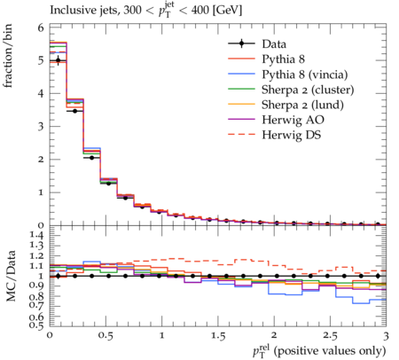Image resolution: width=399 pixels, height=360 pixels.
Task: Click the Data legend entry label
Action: (274, 44)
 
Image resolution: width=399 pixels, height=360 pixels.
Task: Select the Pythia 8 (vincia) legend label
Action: (305, 74)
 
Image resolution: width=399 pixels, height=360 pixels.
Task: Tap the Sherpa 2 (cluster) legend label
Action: (308, 90)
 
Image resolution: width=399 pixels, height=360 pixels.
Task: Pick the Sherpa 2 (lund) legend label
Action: (302, 105)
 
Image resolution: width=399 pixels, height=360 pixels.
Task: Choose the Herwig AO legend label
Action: (293, 120)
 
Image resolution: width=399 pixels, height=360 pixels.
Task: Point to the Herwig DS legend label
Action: (292, 135)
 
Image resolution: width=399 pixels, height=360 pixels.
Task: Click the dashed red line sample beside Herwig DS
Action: (241, 135)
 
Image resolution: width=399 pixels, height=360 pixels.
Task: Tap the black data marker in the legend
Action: (241, 43)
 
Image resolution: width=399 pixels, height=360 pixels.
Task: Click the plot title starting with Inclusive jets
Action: (145, 11)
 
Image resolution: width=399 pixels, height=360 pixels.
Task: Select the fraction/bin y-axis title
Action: (8, 56)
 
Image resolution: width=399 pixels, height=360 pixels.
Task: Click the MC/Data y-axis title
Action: (11, 276)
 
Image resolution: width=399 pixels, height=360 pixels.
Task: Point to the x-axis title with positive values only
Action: (319, 351)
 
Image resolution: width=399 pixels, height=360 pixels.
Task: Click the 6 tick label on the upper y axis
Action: (41, 27)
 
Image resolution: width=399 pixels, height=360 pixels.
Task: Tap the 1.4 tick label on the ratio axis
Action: (36, 236)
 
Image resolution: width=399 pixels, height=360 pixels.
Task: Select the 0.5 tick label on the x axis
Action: (106, 336)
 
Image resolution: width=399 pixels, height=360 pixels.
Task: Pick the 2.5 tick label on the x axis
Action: (330, 336)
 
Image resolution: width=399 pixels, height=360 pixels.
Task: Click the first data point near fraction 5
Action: (59, 60)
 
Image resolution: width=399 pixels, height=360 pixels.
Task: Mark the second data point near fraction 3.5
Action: (74, 111)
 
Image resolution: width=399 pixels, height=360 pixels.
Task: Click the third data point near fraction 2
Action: (91, 158)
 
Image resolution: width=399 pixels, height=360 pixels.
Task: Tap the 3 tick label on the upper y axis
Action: (41, 127)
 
